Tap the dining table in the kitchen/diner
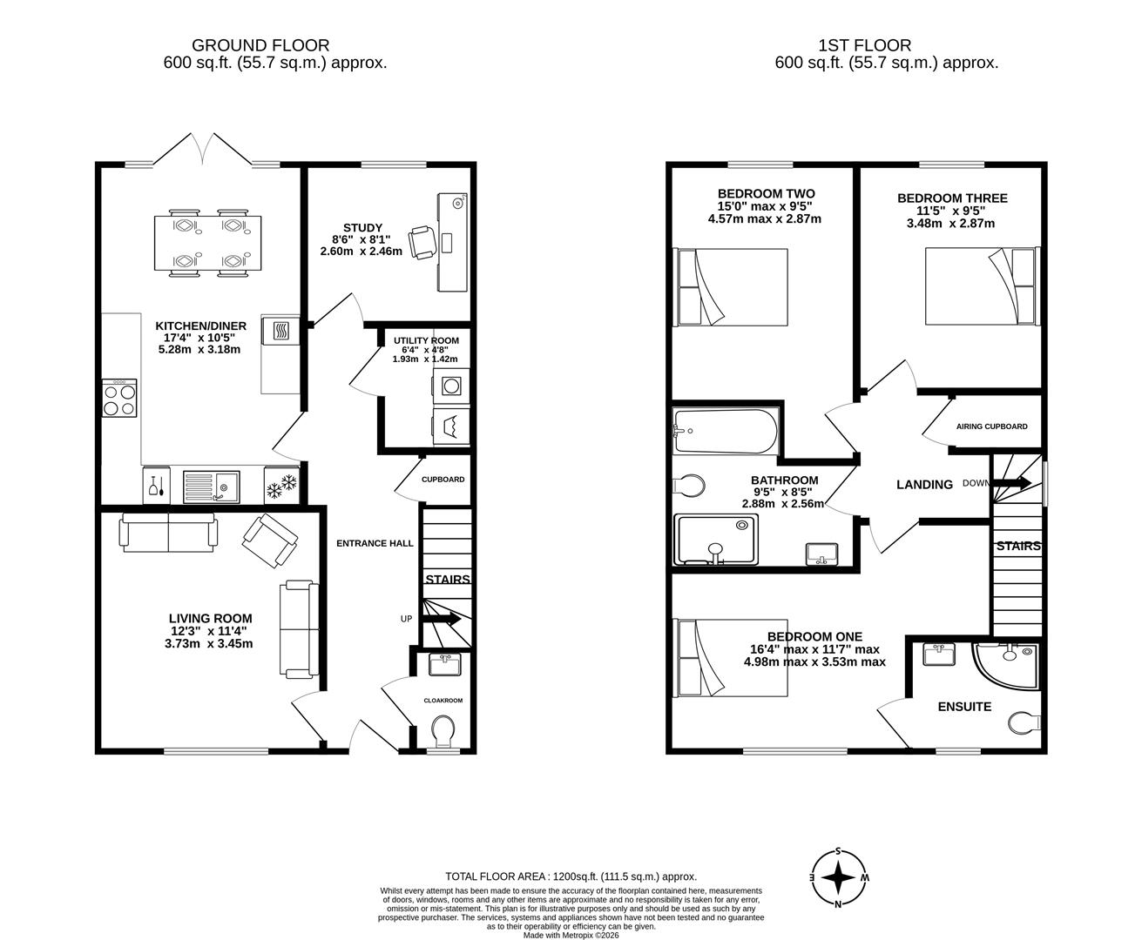[x=207, y=243]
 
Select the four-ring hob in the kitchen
[x=119, y=399]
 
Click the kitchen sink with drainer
[x=211, y=486]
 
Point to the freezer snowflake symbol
[x=281, y=486]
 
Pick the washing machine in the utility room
[x=450, y=386]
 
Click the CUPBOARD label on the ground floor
[x=443, y=480]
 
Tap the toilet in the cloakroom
[x=443, y=732]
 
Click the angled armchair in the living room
[x=270, y=540]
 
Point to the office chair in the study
[x=422, y=243]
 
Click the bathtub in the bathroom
[x=726, y=431]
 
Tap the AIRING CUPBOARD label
[x=991, y=426]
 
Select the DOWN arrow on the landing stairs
[x=1010, y=483]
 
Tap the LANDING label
[x=924, y=484]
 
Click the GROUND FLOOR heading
[x=260, y=45]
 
